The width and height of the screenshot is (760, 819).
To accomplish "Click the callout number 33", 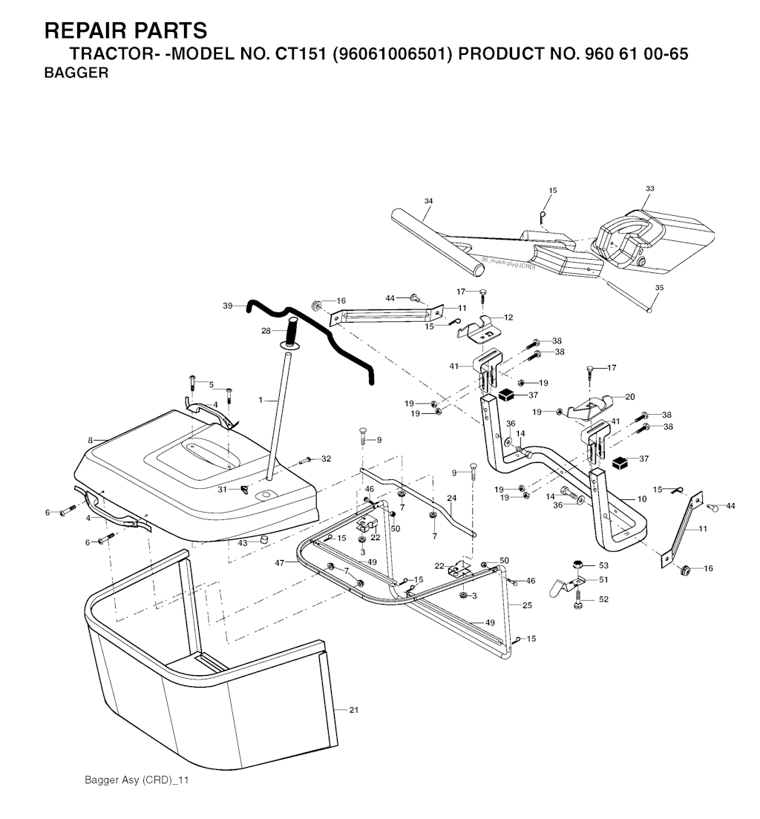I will [649, 189].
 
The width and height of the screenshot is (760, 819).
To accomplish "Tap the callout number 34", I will [428, 201].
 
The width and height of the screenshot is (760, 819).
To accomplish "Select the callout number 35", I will [659, 287].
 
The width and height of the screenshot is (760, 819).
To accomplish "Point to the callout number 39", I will [228, 306].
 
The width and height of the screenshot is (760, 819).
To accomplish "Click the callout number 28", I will [266, 331].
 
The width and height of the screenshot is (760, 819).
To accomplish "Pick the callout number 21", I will [354, 710].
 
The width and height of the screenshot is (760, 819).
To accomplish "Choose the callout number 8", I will [91, 440].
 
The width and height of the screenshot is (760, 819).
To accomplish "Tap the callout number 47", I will [280, 564].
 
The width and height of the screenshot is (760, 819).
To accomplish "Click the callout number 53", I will [603, 565].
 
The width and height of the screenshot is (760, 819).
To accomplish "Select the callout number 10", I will [642, 499].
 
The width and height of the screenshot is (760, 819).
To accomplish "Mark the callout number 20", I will [630, 397].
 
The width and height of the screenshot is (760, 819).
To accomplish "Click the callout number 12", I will [508, 317].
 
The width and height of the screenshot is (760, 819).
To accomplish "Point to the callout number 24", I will [451, 498].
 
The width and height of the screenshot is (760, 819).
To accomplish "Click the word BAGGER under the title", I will [77, 73].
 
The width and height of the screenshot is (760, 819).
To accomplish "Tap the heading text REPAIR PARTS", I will [126, 31].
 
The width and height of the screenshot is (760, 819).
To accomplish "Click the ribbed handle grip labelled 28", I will [291, 329].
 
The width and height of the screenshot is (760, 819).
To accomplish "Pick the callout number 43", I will [243, 543].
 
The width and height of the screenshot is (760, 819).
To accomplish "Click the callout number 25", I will [528, 605].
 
